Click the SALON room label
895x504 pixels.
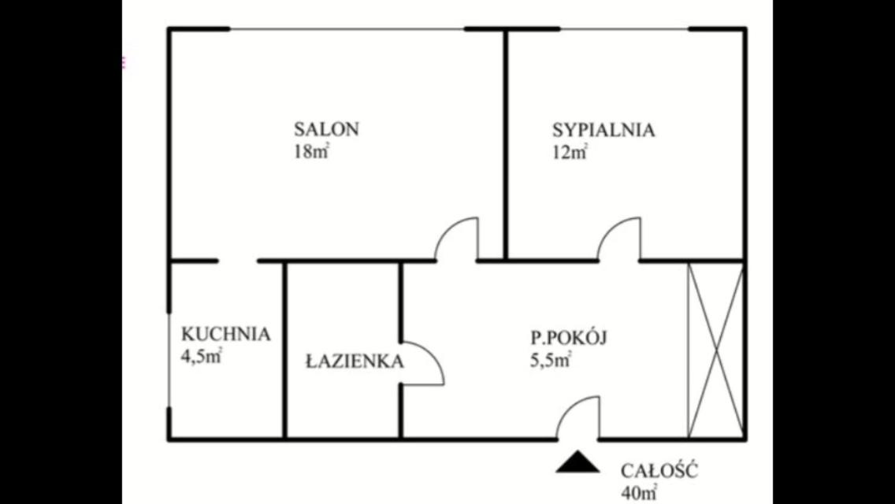click(326, 129)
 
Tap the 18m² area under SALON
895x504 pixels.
click(312, 152)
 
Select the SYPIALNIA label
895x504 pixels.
click(603, 130)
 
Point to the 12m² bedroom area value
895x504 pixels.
click(570, 153)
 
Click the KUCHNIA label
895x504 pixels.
click(225, 334)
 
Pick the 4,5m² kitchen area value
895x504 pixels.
click(201, 357)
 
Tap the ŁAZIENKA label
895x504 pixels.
click(355, 361)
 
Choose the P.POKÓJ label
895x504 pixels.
click(569, 337)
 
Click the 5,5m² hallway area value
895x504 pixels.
click(551, 361)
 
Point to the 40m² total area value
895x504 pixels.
click(639, 492)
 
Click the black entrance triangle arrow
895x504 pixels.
click(577, 461)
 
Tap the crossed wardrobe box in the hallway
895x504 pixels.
click(716, 350)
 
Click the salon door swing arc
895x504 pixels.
click(447, 228)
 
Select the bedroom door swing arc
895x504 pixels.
click(610, 228)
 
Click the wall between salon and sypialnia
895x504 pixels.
click(505, 145)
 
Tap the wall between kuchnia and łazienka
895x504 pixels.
click(285, 350)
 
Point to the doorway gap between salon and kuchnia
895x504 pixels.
click(238, 261)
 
